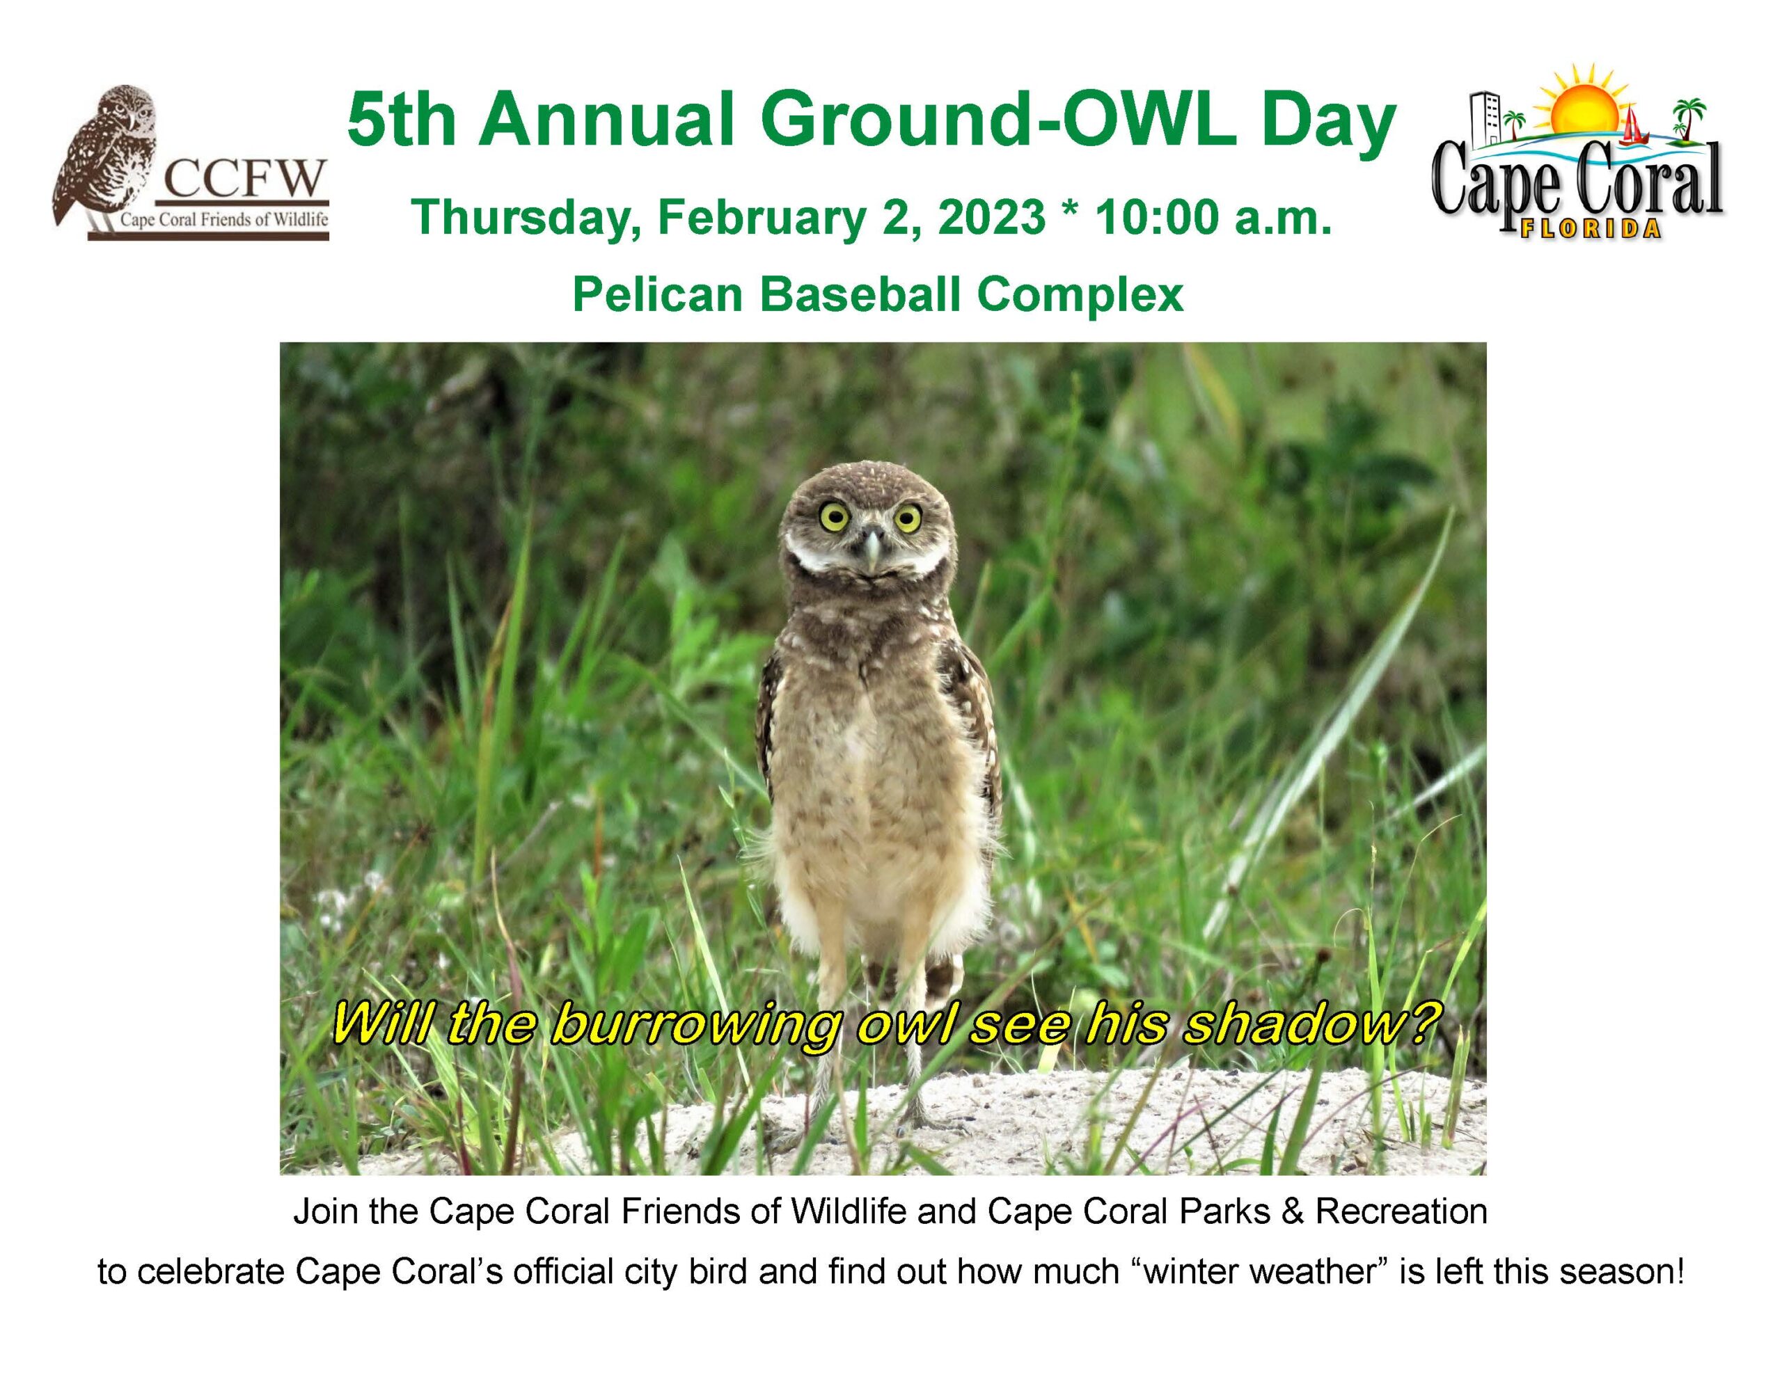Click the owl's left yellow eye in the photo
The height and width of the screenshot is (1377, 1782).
click(x=834, y=515)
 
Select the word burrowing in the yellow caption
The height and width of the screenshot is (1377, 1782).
click(x=693, y=1026)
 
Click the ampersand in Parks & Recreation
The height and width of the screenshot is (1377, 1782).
click(x=1293, y=1212)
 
